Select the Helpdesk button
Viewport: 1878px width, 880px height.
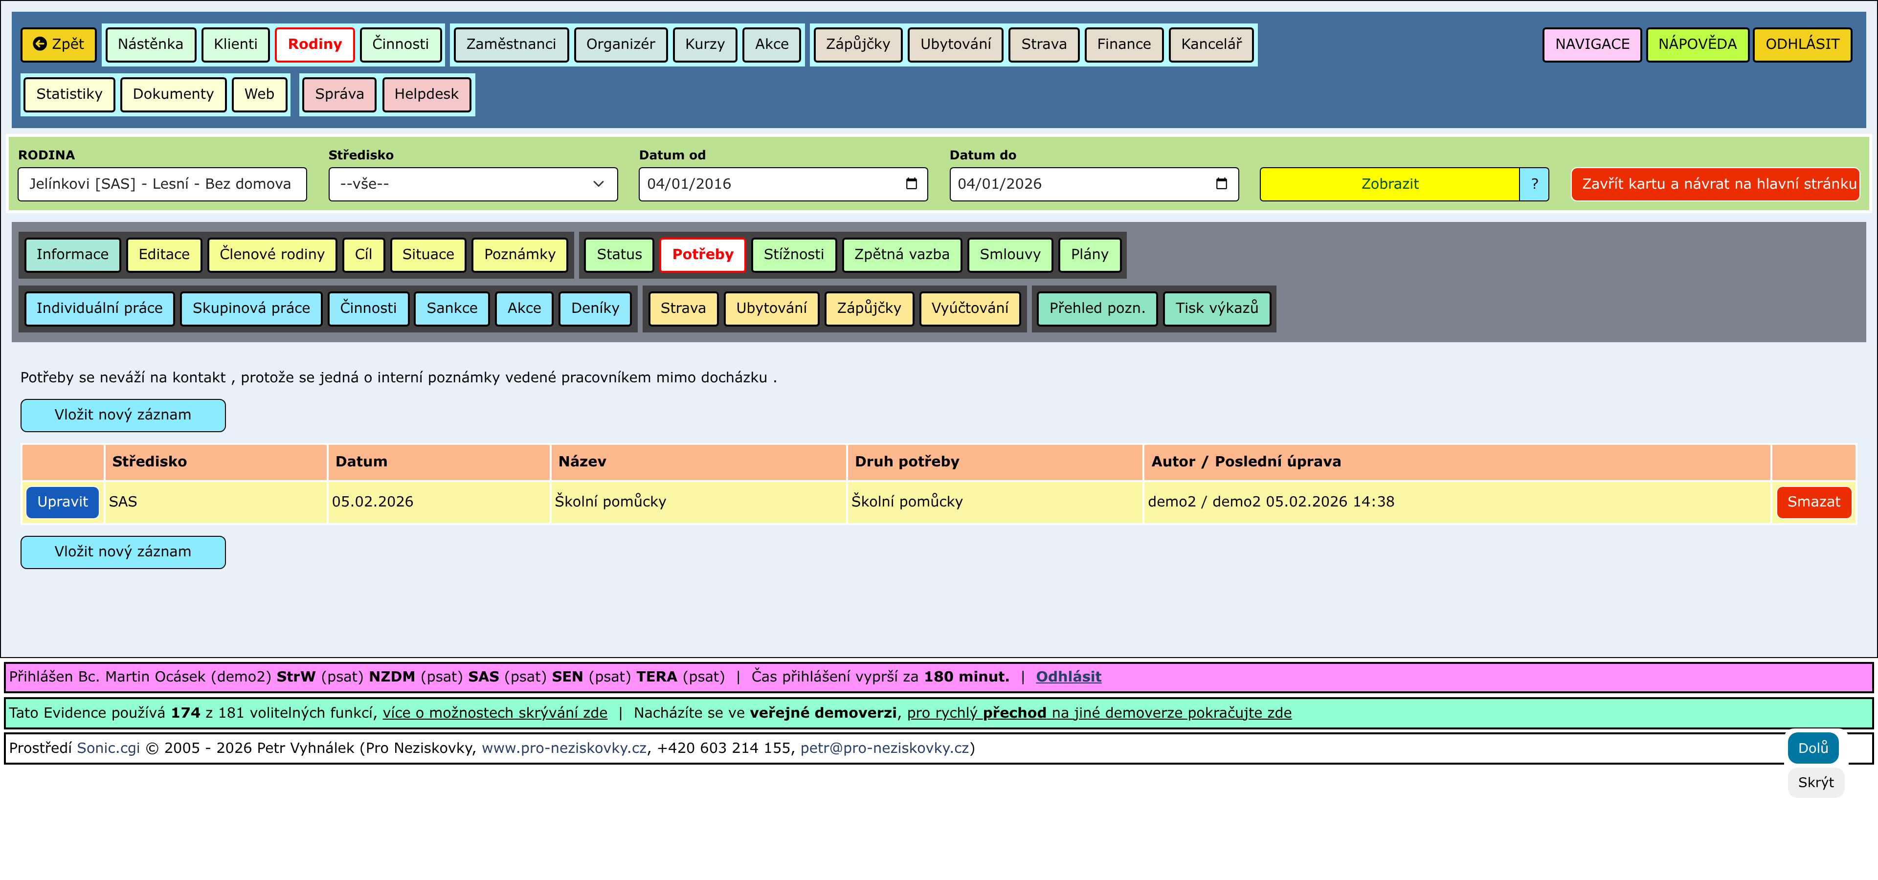[x=426, y=94]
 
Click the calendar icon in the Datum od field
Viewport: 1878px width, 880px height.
[x=911, y=183]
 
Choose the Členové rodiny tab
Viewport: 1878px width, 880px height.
[x=272, y=254]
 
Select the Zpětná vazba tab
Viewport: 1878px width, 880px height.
[x=902, y=254]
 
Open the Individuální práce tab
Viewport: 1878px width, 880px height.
[x=100, y=308]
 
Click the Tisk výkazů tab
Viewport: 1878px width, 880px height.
[x=1217, y=308]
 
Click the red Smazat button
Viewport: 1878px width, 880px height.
[x=1814, y=502]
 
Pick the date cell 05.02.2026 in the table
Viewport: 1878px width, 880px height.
[x=373, y=502]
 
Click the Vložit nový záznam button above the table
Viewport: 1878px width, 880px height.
[x=123, y=415]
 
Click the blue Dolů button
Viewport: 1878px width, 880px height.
[x=1813, y=748]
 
